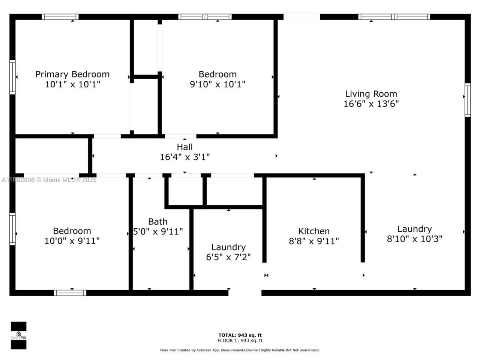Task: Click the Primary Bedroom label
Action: coord(72,74)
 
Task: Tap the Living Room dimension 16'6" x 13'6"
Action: coord(371,104)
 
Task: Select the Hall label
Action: coord(184,147)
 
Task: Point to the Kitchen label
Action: coord(314,231)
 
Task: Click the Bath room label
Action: coord(157,222)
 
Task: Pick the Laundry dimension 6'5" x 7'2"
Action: coord(228,257)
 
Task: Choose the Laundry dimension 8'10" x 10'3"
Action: coord(414,239)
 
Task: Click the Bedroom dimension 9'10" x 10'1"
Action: coord(217,84)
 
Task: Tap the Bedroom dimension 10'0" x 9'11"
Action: coord(72,241)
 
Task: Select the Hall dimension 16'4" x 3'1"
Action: coord(184,157)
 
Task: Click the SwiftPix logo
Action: coord(18,335)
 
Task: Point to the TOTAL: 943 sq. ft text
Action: coord(240,335)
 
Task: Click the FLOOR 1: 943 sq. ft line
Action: coord(240,341)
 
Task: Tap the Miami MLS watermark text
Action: coord(49,180)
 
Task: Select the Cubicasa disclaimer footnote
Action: coord(240,350)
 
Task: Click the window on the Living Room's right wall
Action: coord(467,100)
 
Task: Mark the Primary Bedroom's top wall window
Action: coord(60,17)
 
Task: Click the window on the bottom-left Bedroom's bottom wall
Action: coord(70,293)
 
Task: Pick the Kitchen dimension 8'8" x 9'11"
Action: coord(314,241)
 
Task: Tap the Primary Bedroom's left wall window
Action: coord(12,77)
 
